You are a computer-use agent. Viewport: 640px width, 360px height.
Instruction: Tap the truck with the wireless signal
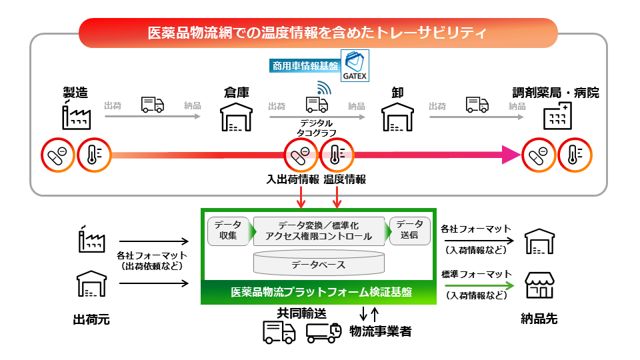tap(317, 101)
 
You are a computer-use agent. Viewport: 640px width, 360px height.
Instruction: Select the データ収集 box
tap(228, 230)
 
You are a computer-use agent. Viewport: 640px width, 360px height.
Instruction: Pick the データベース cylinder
tap(319, 263)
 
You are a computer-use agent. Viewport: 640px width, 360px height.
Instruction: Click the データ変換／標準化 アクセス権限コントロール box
tap(319, 231)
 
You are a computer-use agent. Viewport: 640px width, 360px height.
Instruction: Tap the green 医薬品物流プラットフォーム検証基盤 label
tap(317, 293)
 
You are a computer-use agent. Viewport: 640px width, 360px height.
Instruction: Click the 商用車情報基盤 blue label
tap(305, 65)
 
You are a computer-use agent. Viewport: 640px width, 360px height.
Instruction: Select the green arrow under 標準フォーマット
tap(477, 285)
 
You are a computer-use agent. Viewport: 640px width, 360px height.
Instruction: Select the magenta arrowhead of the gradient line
tap(509, 155)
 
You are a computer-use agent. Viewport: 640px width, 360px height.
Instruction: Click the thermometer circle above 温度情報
tap(337, 155)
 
